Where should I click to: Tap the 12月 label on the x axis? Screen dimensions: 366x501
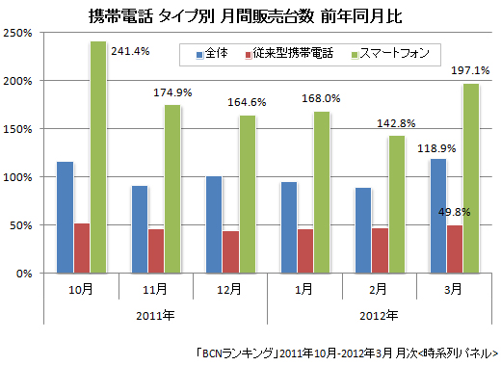click(229, 289)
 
